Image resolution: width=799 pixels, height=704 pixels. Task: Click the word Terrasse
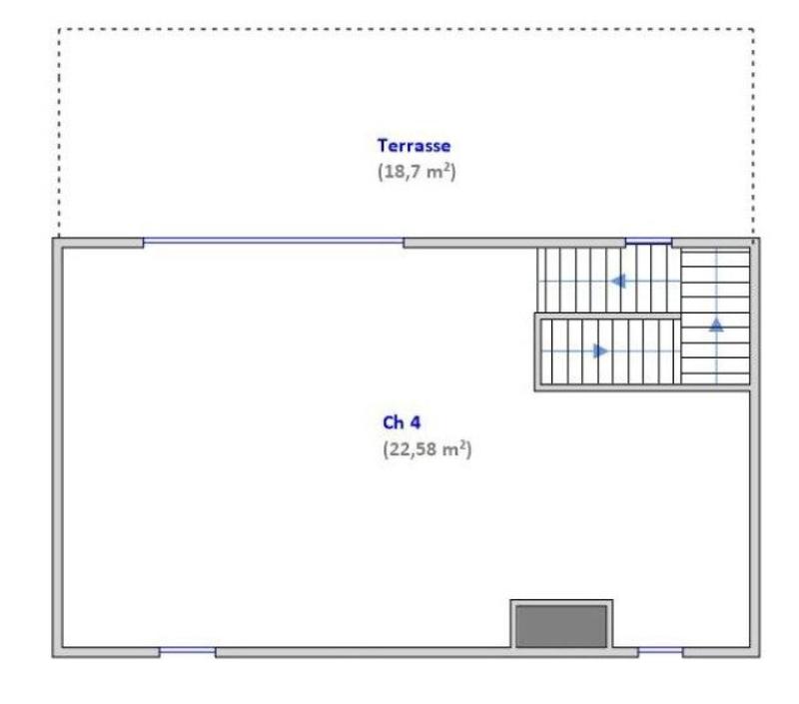click(413, 146)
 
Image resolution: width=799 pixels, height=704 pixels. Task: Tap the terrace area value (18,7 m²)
click(416, 171)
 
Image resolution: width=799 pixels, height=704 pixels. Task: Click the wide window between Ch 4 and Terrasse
click(273, 242)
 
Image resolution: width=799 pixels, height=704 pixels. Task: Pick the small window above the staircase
click(648, 242)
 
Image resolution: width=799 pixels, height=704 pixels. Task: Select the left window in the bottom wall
click(187, 652)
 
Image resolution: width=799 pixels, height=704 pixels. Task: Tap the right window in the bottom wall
click(659, 652)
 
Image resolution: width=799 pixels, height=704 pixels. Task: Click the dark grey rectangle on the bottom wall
click(560, 626)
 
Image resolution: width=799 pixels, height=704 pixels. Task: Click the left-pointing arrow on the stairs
click(619, 282)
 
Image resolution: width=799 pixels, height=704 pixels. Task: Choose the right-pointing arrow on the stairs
click(600, 352)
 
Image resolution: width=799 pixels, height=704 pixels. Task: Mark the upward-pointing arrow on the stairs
click(716, 324)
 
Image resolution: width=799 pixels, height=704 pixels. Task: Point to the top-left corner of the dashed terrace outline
click(59, 29)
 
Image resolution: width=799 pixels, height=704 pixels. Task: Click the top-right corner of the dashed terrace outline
click(753, 29)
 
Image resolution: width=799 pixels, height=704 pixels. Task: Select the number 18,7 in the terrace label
click(402, 171)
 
